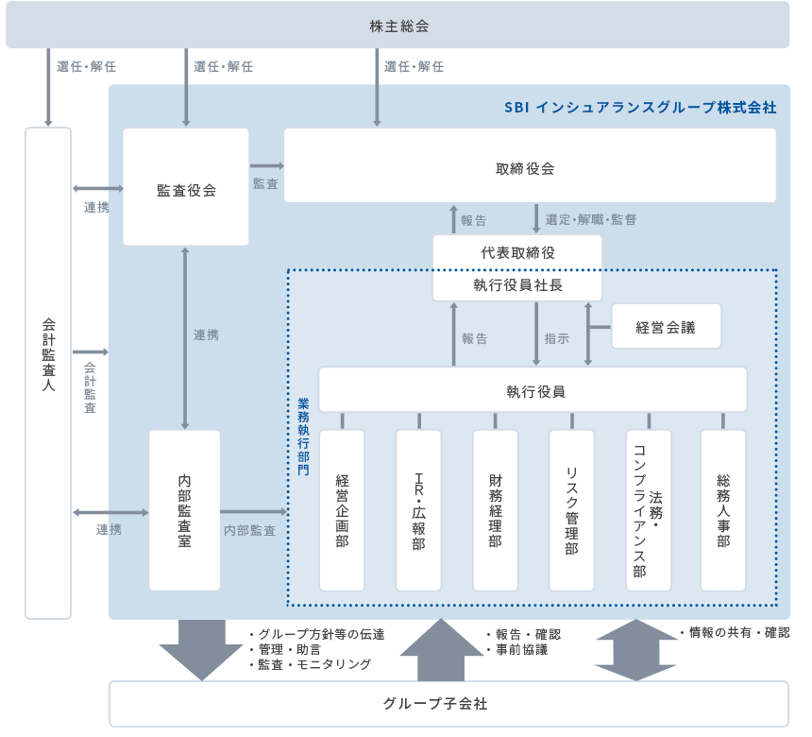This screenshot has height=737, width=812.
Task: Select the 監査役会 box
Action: point(186,189)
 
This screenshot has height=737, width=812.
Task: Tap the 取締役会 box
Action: point(529,168)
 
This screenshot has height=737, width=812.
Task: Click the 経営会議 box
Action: point(666,327)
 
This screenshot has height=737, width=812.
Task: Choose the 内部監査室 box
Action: point(184,510)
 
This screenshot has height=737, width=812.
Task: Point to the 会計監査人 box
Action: point(48,373)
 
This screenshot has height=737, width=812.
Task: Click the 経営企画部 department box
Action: point(342,510)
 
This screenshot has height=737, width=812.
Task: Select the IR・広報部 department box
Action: point(418,510)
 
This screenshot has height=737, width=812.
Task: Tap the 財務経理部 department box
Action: point(496,510)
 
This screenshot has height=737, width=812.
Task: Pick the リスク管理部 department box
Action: point(571,510)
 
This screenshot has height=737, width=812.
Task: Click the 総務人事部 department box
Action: point(723,510)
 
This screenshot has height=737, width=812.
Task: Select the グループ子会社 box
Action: point(448,704)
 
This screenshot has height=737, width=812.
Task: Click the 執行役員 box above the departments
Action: point(533,389)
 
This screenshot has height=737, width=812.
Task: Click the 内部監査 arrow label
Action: point(249,531)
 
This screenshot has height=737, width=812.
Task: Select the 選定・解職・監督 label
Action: point(591,219)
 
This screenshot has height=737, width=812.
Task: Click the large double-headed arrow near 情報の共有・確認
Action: point(637,650)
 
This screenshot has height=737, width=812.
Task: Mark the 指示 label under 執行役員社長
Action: point(557,338)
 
